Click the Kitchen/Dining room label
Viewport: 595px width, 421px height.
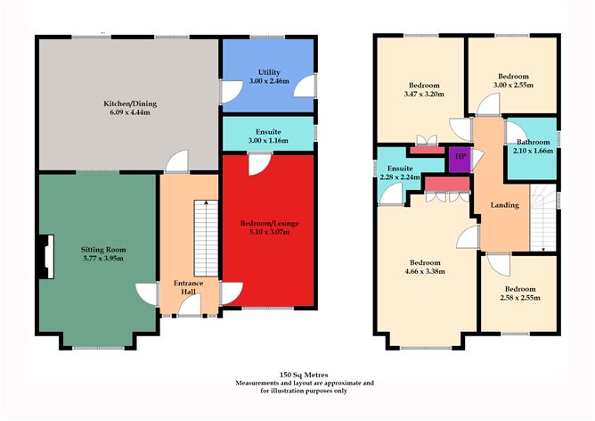130,103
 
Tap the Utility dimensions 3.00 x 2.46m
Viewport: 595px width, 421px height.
269,81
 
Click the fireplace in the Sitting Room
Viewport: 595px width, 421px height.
46,257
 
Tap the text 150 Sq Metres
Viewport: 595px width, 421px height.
304,375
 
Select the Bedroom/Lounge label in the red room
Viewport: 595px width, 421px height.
269,223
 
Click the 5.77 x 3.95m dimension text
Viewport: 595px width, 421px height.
102,259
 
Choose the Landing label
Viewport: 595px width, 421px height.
505,205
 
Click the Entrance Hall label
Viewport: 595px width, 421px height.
189,287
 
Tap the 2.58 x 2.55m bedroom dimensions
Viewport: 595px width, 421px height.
520,298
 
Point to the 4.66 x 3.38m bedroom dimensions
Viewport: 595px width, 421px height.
425,271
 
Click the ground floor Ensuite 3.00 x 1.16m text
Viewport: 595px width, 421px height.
268,136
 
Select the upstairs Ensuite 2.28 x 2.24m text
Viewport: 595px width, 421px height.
400,172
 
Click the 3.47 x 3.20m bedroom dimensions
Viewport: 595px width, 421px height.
424,94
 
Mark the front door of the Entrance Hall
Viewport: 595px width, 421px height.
190,305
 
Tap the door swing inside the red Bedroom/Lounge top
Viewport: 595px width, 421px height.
259,164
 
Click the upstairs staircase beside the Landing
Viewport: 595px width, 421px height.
543,218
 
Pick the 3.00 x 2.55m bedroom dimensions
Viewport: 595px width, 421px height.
513,85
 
